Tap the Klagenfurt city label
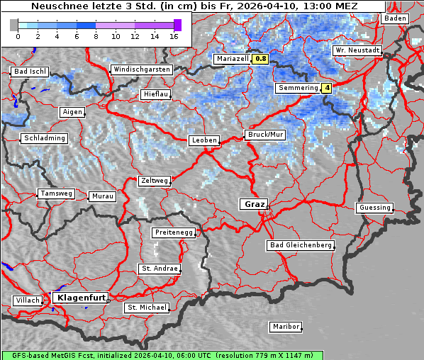81,298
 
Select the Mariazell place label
232,60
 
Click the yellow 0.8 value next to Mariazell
260,60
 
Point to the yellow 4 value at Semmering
326,88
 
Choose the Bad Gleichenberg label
300,245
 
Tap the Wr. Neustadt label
357,51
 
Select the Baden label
395,18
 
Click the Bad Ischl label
30,72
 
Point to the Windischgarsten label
141,69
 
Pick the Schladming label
44,138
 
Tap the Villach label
27,300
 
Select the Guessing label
374,208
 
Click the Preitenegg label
172,232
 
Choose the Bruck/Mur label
264,134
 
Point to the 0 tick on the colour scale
18,35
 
